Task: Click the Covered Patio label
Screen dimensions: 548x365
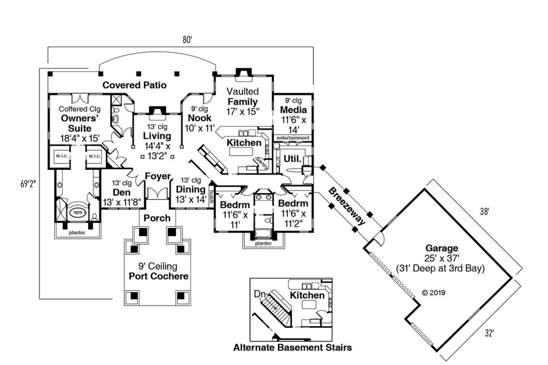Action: pos(135,85)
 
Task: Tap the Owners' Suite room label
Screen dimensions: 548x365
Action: pos(80,123)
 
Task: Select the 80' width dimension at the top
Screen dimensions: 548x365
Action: pos(187,40)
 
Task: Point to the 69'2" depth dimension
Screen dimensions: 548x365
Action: pos(28,184)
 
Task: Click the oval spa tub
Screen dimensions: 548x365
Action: pos(78,212)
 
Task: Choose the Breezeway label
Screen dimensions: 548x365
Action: pos(347,206)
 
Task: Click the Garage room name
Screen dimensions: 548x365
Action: pos(441,248)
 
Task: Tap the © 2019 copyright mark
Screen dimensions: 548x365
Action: pos(433,293)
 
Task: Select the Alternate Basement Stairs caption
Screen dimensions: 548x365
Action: pos(293,347)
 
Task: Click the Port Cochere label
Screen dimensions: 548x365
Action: pos(159,276)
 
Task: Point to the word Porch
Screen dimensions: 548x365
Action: pos(157,218)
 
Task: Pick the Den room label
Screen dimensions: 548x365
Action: pos(122,192)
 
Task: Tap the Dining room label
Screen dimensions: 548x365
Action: pos(191,190)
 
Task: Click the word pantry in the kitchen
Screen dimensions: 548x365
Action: pos(262,163)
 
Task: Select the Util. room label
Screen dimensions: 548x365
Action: pos(293,159)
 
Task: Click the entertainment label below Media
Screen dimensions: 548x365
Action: pos(293,138)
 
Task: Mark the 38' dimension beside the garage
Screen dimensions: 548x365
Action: pos(484,212)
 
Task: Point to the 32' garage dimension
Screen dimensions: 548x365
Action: pos(489,334)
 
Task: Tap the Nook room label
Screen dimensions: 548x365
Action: pos(199,118)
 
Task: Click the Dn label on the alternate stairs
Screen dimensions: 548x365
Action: pos(260,294)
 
